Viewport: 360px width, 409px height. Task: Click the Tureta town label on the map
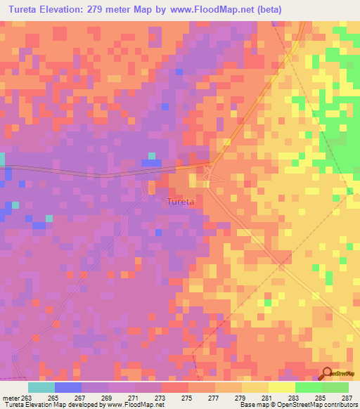(180, 202)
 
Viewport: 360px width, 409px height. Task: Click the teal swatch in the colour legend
(41, 387)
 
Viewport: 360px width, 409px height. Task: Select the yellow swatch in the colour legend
(281, 387)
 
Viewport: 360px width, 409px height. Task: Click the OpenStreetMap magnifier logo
(328, 373)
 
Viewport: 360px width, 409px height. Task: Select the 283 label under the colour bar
(293, 398)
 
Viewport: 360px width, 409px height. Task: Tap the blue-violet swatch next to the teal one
(68, 387)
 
